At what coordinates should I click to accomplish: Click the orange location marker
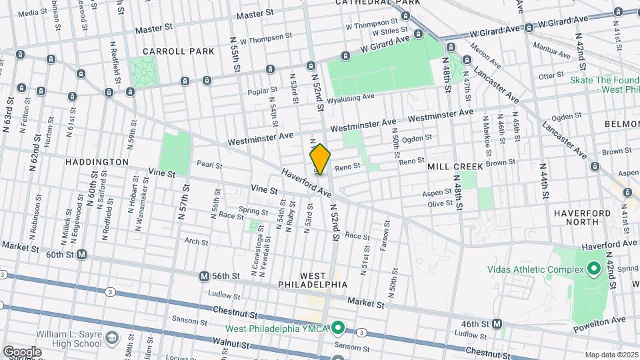320,159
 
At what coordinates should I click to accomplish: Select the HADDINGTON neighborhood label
97,162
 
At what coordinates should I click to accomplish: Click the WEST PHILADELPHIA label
313,280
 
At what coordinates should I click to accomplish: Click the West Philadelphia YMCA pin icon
339,327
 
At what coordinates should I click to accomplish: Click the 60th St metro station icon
81,255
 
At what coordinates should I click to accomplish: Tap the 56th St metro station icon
204,276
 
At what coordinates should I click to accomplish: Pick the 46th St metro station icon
497,323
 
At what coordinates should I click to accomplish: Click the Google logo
21,351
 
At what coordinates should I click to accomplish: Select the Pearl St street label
209,165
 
